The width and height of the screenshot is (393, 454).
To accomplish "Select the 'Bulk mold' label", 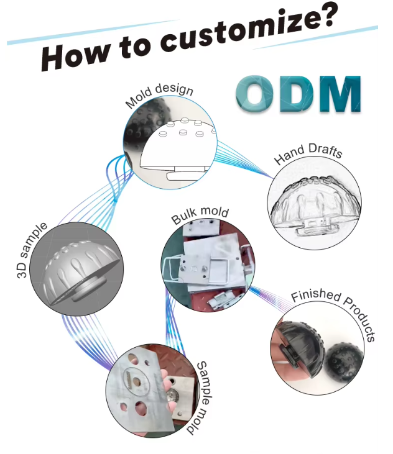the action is click(x=200, y=215).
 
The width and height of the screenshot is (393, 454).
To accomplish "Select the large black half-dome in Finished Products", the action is click(x=300, y=347).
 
